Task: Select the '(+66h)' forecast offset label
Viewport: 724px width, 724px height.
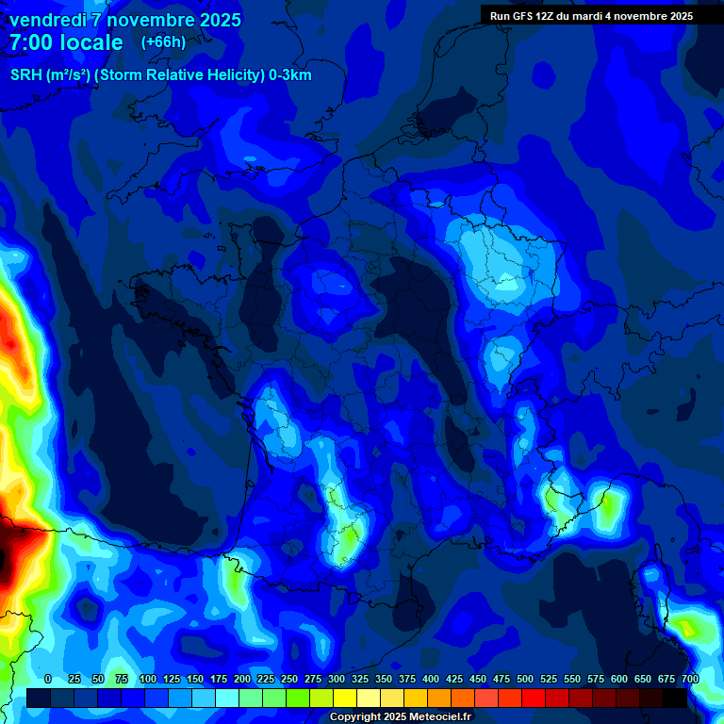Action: pos(163,42)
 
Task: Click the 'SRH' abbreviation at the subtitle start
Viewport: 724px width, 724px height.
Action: pos(25,75)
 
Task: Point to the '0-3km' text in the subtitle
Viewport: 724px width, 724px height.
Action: pos(289,75)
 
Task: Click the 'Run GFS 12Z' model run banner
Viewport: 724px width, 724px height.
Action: pos(591,15)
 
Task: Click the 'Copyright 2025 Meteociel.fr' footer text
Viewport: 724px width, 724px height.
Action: pos(400,717)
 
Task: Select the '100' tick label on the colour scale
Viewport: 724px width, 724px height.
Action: pos(148,679)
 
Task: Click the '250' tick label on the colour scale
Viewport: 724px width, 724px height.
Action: pos(289,679)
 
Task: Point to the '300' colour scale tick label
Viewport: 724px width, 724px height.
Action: pos(337,679)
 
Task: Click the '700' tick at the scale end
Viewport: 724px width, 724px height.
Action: pos(689,679)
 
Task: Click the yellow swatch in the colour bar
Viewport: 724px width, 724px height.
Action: pos(345,698)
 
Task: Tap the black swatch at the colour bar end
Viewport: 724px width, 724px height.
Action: pos(675,698)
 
